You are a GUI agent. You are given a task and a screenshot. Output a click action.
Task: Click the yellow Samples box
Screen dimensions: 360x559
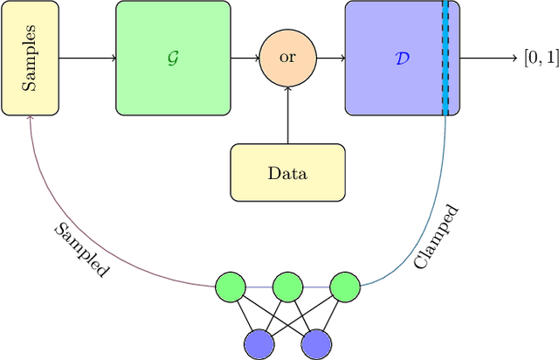coord(30,59)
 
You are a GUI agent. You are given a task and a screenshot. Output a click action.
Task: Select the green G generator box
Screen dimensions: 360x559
coord(173,59)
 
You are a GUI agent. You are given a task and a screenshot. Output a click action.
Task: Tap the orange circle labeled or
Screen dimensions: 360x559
coord(287,59)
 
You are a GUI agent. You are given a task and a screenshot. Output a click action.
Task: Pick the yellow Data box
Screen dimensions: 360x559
coord(287,172)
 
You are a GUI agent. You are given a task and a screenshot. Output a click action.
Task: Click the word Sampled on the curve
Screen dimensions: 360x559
coord(82,250)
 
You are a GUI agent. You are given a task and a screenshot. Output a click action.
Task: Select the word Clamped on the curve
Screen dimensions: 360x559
coord(436,236)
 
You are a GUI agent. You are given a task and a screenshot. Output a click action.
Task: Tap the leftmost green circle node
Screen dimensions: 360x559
coord(231,286)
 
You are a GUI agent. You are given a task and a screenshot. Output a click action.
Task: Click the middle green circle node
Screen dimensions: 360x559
coord(287,286)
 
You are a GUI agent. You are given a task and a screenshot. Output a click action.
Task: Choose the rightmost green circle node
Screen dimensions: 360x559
coord(344,286)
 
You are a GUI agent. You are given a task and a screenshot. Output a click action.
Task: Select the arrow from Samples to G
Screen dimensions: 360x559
coord(87,59)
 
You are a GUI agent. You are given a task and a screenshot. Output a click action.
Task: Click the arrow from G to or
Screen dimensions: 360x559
coord(245,59)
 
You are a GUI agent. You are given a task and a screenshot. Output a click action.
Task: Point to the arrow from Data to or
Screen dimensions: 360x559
coord(287,115)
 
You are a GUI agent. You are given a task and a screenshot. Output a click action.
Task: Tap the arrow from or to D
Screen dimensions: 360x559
coord(329,59)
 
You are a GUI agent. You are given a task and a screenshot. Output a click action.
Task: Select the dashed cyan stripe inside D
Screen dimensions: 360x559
coord(445,59)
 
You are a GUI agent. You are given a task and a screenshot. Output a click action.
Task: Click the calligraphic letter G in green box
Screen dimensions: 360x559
coord(173,59)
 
